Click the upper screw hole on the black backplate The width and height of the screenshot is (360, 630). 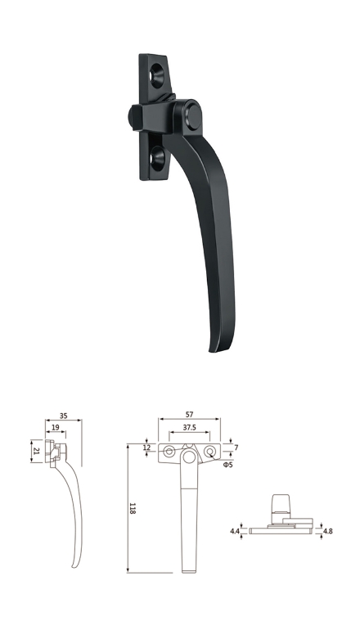point(157,75)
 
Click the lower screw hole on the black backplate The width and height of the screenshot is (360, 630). point(157,157)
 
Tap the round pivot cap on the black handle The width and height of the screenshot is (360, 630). point(194,117)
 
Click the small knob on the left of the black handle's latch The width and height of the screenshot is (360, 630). point(131,116)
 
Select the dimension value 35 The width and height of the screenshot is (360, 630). point(64,416)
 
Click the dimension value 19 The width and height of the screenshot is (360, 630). point(56,427)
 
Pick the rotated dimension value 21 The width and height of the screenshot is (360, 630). point(37,451)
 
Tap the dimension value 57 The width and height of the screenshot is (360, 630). point(189,414)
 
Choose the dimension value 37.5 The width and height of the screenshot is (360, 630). point(189,427)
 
